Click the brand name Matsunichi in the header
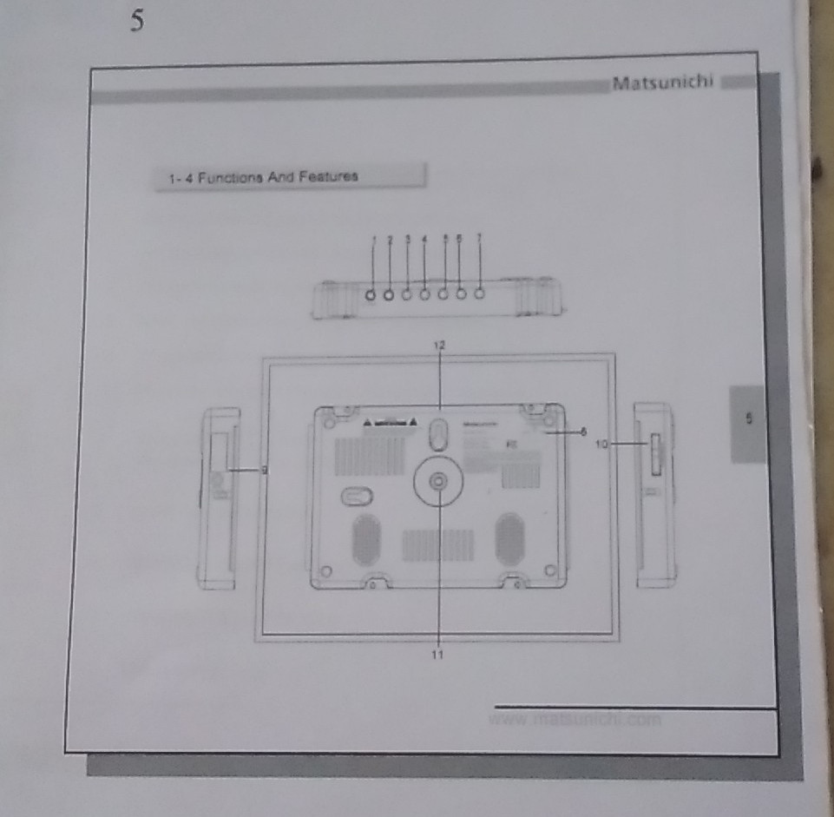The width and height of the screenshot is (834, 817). [663, 83]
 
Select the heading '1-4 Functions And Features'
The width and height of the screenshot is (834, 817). [263, 176]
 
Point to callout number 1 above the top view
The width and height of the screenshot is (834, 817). [374, 239]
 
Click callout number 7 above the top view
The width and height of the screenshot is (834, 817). [479, 237]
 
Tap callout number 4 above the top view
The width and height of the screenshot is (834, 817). [424, 238]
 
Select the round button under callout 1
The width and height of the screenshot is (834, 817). [372, 295]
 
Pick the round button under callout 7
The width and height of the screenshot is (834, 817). [478, 293]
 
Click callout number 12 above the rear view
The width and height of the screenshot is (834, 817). [439, 345]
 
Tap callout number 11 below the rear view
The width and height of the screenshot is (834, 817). [438, 655]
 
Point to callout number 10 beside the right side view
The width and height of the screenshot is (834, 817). [601, 444]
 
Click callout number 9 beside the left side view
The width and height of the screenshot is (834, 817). [264, 470]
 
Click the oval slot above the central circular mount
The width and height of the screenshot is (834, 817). [439, 432]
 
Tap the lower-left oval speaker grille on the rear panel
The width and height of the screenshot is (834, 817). [365, 538]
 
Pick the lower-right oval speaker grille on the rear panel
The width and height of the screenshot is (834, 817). [509, 537]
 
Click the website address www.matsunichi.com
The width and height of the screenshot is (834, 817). [575, 719]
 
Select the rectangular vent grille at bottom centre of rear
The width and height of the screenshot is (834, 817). [437, 544]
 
